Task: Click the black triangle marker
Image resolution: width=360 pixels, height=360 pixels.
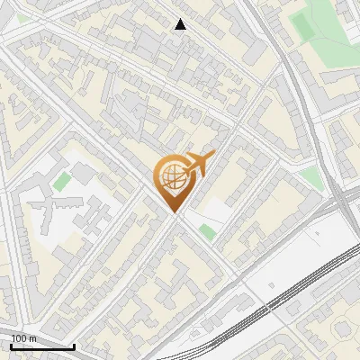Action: click(x=181, y=24)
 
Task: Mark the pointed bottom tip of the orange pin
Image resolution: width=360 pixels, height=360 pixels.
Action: click(x=175, y=212)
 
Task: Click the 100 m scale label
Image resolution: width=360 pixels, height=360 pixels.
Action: click(x=24, y=337)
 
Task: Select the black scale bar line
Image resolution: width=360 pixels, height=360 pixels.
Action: click(x=42, y=346)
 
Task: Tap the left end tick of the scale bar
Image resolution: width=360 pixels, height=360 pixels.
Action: click(x=12, y=345)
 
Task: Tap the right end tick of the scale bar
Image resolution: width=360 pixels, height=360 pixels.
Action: click(x=74, y=345)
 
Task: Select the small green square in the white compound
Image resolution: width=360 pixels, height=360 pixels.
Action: click(x=61, y=183)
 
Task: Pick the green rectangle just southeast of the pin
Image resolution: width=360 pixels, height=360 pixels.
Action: click(x=208, y=232)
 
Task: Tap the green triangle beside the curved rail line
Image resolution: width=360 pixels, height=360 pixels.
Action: click(x=311, y=176)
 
